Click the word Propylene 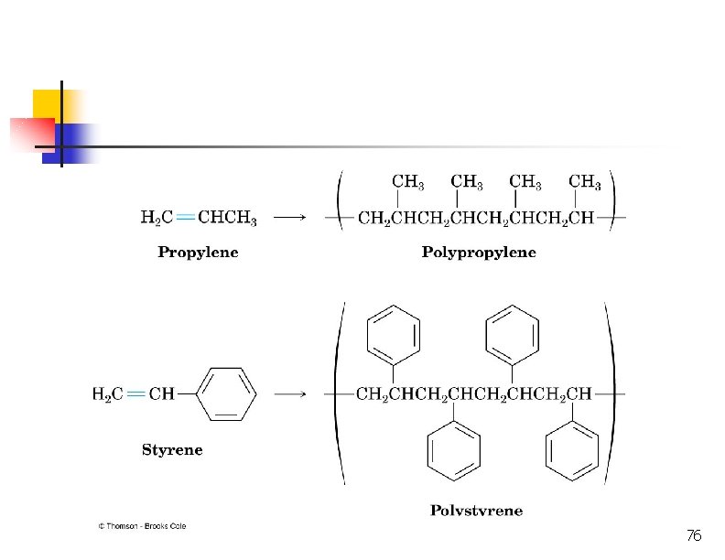point(198,253)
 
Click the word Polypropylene point(479,253)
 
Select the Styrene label point(172,449)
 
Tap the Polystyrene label point(477,511)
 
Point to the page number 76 point(693,535)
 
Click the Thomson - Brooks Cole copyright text point(142,526)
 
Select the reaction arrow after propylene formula point(290,218)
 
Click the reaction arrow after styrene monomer point(290,394)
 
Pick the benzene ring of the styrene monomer point(227,394)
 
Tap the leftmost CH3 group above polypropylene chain point(407,182)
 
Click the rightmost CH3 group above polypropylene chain point(585,182)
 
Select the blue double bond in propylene point(185,218)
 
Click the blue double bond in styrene point(136,394)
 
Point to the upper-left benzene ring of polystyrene point(394,333)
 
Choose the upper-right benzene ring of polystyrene point(512,333)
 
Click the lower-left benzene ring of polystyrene point(454,452)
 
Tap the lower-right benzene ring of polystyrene point(572,452)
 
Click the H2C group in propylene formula point(156,219)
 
